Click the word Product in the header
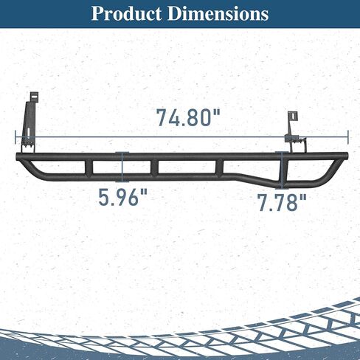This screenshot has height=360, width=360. [x=126, y=14]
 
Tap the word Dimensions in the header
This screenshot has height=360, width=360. [x=218, y=13]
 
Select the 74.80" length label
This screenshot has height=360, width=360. [x=188, y=118]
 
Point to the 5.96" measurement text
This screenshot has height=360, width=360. [x=123, y=197]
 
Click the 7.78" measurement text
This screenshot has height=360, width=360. [x=283, y=203]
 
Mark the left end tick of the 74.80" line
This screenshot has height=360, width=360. [x=15, y=137]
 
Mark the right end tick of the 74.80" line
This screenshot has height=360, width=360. [x=348, y=137]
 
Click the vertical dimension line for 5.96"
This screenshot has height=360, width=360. [x=122, y=167]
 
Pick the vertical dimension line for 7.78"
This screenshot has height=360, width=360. [x=282, y=170]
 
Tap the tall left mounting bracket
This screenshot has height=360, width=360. [x=29, y=123]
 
